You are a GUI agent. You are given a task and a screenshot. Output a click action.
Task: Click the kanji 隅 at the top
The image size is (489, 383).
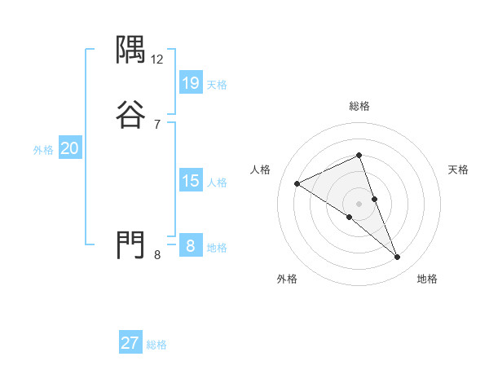tap(131, 50)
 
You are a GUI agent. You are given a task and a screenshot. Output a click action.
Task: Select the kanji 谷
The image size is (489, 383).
tap(131, 113)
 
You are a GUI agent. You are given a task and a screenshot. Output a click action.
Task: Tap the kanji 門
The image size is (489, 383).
tap(131, 244)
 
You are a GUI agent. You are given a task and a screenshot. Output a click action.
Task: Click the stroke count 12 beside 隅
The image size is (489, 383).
tap(157, 59)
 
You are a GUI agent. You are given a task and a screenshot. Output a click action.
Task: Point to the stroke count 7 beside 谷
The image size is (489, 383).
tap(157, 124)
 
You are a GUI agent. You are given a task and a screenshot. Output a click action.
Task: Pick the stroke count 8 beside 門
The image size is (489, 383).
tap(157, 254)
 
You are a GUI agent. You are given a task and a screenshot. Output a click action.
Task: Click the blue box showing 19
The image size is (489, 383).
tap(190, 82)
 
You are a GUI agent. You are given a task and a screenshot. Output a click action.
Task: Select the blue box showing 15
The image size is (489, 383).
tap(190, 181)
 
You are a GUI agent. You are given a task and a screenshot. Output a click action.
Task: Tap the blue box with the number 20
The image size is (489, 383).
tap(69, 148)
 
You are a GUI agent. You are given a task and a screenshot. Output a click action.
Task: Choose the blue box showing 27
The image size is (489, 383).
tap(130, 343)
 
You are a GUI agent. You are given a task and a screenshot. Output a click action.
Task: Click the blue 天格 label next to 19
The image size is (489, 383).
tap(217, 84)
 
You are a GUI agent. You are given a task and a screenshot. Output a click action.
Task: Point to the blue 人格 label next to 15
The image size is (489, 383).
tap(217, 183)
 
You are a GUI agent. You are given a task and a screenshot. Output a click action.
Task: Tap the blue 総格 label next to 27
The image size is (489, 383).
tap(156, 345)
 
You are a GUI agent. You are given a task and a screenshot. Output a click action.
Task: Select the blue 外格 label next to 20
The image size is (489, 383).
tap(42, 150)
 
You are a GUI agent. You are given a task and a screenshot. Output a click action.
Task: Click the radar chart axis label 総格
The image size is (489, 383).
tap(359, 106)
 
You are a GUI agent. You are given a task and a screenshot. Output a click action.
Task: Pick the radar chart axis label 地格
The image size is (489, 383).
tap(427, 279)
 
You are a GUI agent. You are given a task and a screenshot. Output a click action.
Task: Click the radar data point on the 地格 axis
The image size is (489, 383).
tap(398, 258)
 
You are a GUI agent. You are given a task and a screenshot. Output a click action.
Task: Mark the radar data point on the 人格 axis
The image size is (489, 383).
tap(297, 183)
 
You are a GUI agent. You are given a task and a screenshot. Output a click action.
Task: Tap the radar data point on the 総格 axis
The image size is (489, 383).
tap(359, 155)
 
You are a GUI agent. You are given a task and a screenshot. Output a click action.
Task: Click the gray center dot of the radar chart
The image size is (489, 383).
tap(359, 204)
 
